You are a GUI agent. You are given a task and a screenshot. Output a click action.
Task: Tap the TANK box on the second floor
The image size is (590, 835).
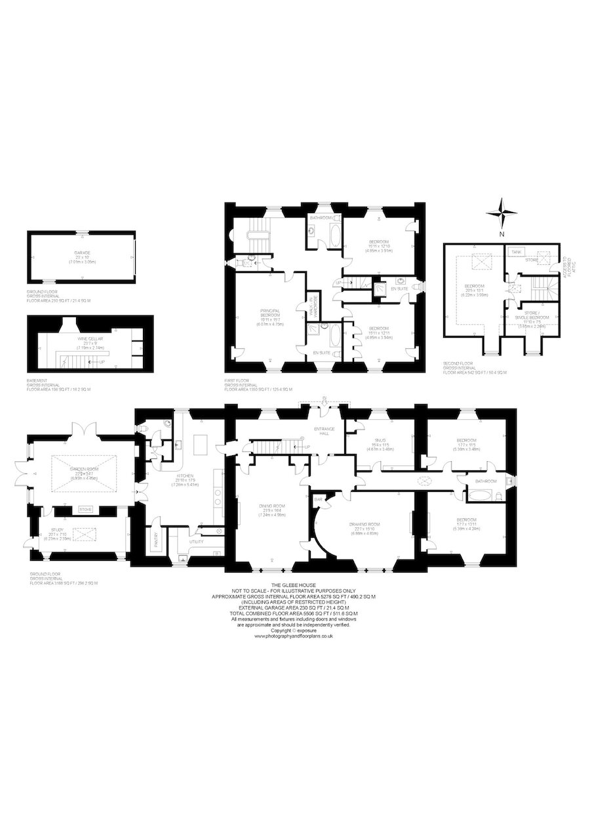coord(517,251)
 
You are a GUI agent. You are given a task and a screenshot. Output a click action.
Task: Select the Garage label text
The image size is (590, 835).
coord(83,253)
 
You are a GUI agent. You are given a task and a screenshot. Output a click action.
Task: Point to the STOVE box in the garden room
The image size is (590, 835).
coord(85,508)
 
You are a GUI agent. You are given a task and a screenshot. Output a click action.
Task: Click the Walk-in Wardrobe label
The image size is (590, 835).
coord(313,304)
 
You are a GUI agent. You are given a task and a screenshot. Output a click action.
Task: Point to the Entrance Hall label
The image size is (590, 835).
coord(323,431)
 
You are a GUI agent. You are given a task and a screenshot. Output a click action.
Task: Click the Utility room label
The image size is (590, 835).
coord(197,542)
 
